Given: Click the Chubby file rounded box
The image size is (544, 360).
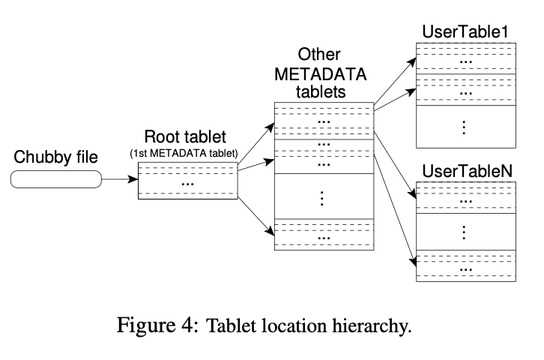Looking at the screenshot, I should (x=56, y=179).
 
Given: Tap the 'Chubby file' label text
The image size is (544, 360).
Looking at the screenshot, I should (x=56, y=157).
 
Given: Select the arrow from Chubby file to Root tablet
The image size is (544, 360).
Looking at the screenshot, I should (x=119, y=180).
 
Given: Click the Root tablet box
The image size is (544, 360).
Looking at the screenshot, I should (x=187, y=181).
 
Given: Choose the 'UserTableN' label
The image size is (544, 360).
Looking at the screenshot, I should (x=465, y=169).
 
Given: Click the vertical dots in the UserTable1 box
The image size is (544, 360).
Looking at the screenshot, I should (x=465, y=127).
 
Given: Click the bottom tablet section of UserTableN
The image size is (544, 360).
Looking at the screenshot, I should (x=465, y=265).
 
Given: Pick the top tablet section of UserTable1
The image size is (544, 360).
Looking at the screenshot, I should (x=465, y=59).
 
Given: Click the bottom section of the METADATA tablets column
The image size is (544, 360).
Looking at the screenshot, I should (x=323, y=234).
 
